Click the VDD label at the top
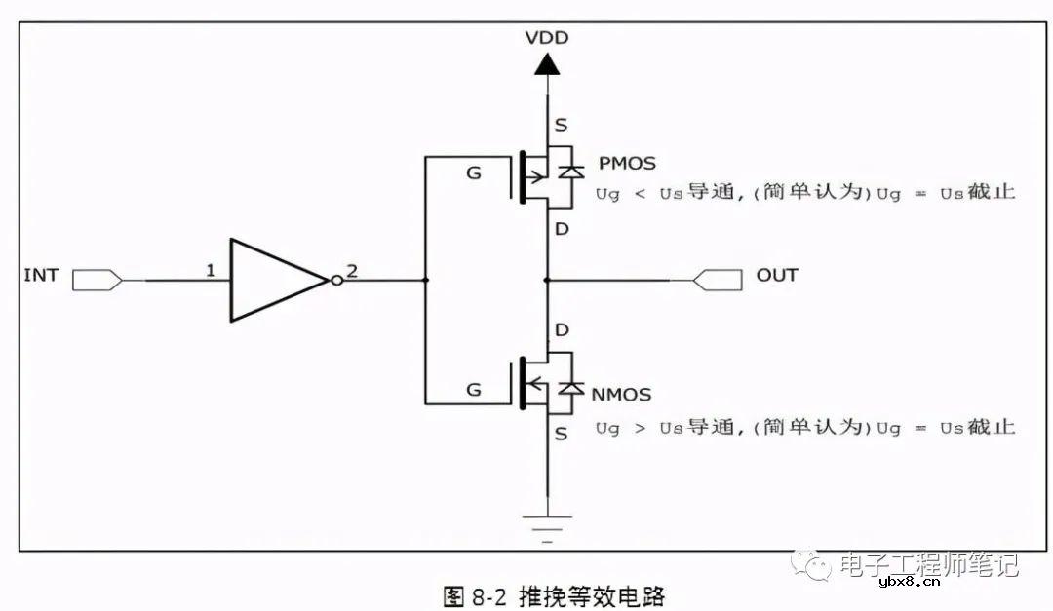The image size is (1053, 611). (x=546, y=39)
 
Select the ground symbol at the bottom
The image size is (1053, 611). (x=547, y=526)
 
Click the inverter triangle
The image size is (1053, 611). (x=273, y=280)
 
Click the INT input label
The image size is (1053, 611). (x=41, y=276)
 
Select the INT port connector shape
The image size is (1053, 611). (x=97, y=281)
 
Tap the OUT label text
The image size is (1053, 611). (x=777, y=275)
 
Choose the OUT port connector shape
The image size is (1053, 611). (x=717, y=281)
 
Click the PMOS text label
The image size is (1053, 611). (x=628, y=163)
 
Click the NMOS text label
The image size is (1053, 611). (x=621, y=395)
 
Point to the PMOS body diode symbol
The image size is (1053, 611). (x=570, y=171)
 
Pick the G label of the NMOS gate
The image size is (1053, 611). (x=474, y=390)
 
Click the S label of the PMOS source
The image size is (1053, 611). (x=561, y=125)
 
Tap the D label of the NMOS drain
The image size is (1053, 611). (x=561, y=331)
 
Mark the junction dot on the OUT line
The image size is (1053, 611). (x=547, y=281)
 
